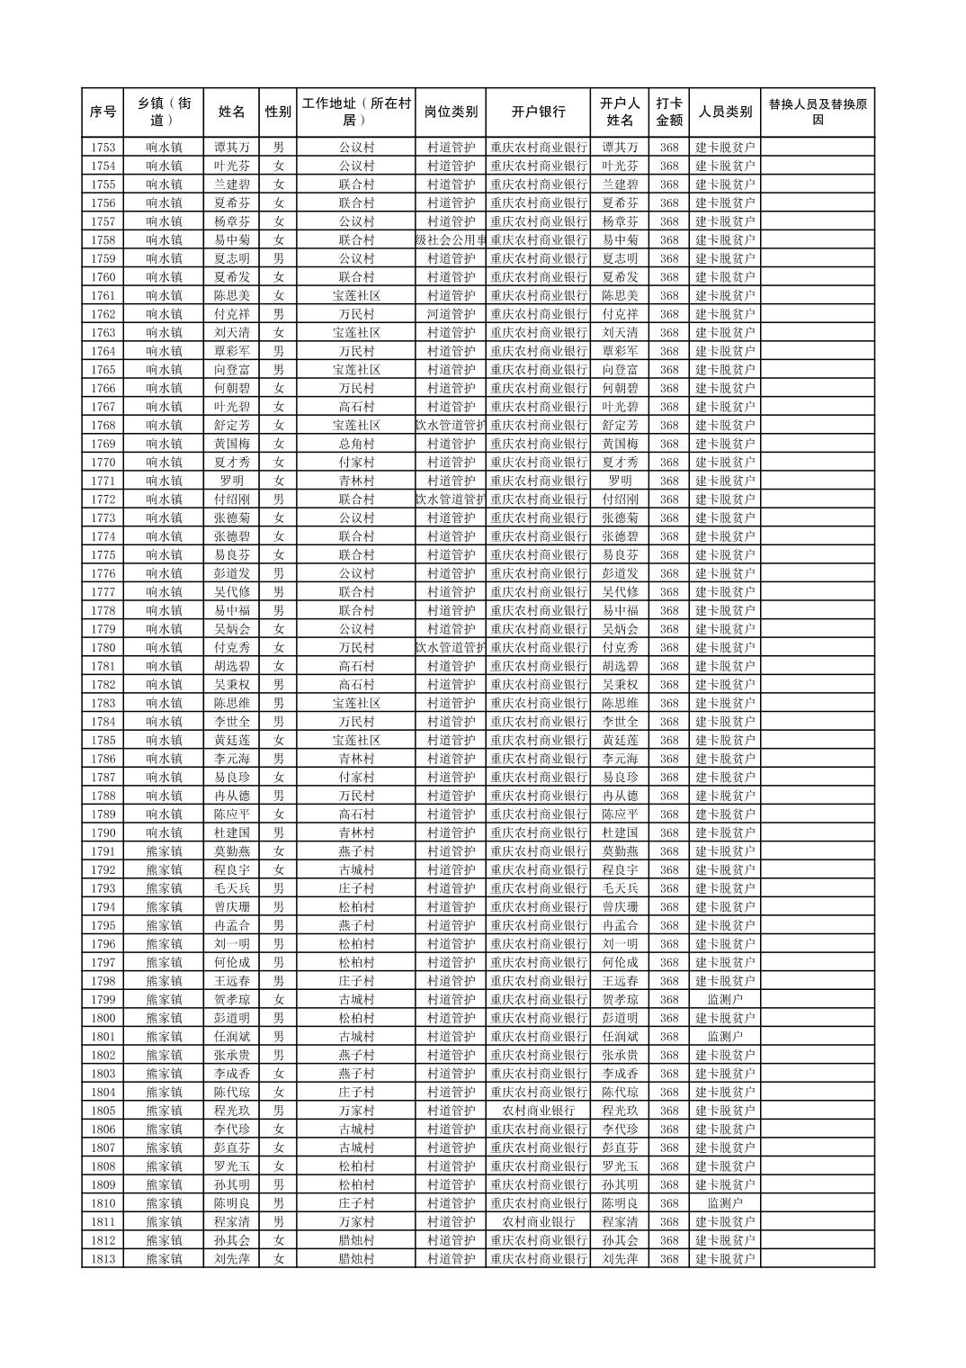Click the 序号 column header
[103, 112]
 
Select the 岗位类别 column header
[451, 112]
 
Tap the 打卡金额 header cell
[668, 112]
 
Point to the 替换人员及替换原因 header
[817, 112]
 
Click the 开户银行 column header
[538, 112]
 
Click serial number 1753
[103, 148]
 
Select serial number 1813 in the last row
[103, 1259]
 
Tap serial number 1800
[103, 1018]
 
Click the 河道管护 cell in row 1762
[451, 314]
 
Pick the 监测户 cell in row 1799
[725, 999]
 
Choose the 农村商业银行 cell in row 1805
[538, 1111]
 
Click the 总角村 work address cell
[356, 444]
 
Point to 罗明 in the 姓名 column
[231, 481]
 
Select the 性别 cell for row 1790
[279, 832]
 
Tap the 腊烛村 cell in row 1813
[356, 1259]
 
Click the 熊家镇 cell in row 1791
[164, 851]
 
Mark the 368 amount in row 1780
[668, 647]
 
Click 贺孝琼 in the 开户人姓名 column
[620, 999]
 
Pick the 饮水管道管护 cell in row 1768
[451, 425]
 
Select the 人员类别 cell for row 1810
[725, 1203]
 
